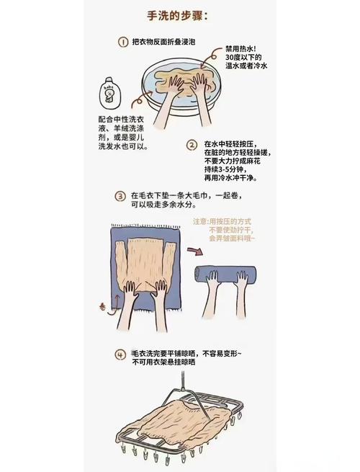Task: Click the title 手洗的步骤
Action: click(177, 16)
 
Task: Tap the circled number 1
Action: click(122, 42)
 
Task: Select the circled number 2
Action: click(192, 145)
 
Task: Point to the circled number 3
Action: click(120, 196)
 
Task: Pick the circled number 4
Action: click(120, 355)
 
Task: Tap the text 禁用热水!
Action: click(240, 49)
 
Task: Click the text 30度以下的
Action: click(243, 58)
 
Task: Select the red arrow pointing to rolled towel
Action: click(194, 251)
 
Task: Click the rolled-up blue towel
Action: click(225, 274)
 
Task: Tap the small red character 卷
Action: click(102, 308)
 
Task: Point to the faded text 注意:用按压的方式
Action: click(222, 222)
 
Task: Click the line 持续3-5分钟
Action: click(225, 169)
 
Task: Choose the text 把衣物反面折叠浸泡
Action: click(164, 42)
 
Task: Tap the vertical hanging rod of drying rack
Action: click(182, 380)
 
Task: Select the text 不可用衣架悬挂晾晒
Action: click(164, 362)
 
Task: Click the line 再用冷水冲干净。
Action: click(231, 178)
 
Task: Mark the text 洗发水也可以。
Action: click(123, 147)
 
